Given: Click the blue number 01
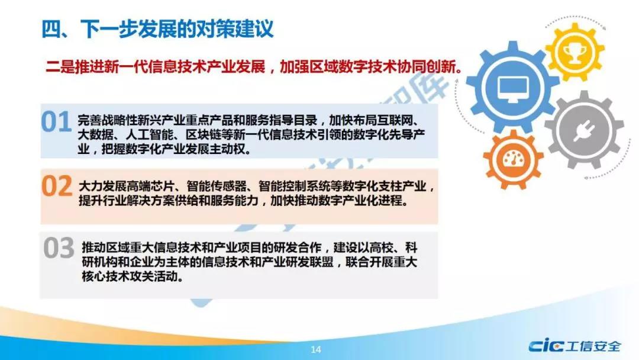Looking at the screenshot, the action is (56, 122).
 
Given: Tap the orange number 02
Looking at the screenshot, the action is (57, 187).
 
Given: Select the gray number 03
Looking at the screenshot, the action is (59, 248).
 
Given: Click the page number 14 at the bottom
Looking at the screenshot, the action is (316, 349).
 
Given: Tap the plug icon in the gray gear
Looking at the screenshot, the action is (584, 130).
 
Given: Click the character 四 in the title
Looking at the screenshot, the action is (51, 30).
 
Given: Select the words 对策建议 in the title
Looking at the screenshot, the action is (234, 30).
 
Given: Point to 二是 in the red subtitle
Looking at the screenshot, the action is (60, 67).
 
